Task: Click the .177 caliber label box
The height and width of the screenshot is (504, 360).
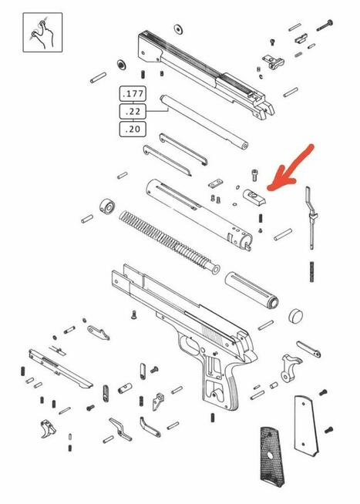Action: pos(133,94)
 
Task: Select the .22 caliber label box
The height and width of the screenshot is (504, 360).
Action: pos(133,112)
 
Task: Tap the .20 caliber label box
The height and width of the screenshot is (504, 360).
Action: pos(133,129)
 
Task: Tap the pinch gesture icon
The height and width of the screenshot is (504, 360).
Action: pos(42,32)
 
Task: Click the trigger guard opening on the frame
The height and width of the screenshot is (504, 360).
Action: pos(190,344)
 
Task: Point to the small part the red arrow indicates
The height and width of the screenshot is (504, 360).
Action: pos(254,197)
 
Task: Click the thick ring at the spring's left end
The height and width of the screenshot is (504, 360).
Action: pos(106,207)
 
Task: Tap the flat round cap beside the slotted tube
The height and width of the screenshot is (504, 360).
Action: pos(296,315)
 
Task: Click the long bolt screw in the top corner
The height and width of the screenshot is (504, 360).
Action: pos(325,25)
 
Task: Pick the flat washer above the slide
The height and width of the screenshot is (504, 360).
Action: pos(178,29)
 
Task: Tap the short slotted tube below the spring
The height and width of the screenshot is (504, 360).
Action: pos(251,291)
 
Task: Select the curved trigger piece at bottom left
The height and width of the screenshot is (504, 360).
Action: pos(49,428)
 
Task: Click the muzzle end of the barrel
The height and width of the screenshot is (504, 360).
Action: pos(244,146)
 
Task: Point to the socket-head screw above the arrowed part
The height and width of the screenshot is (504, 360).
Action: pos(254,175)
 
